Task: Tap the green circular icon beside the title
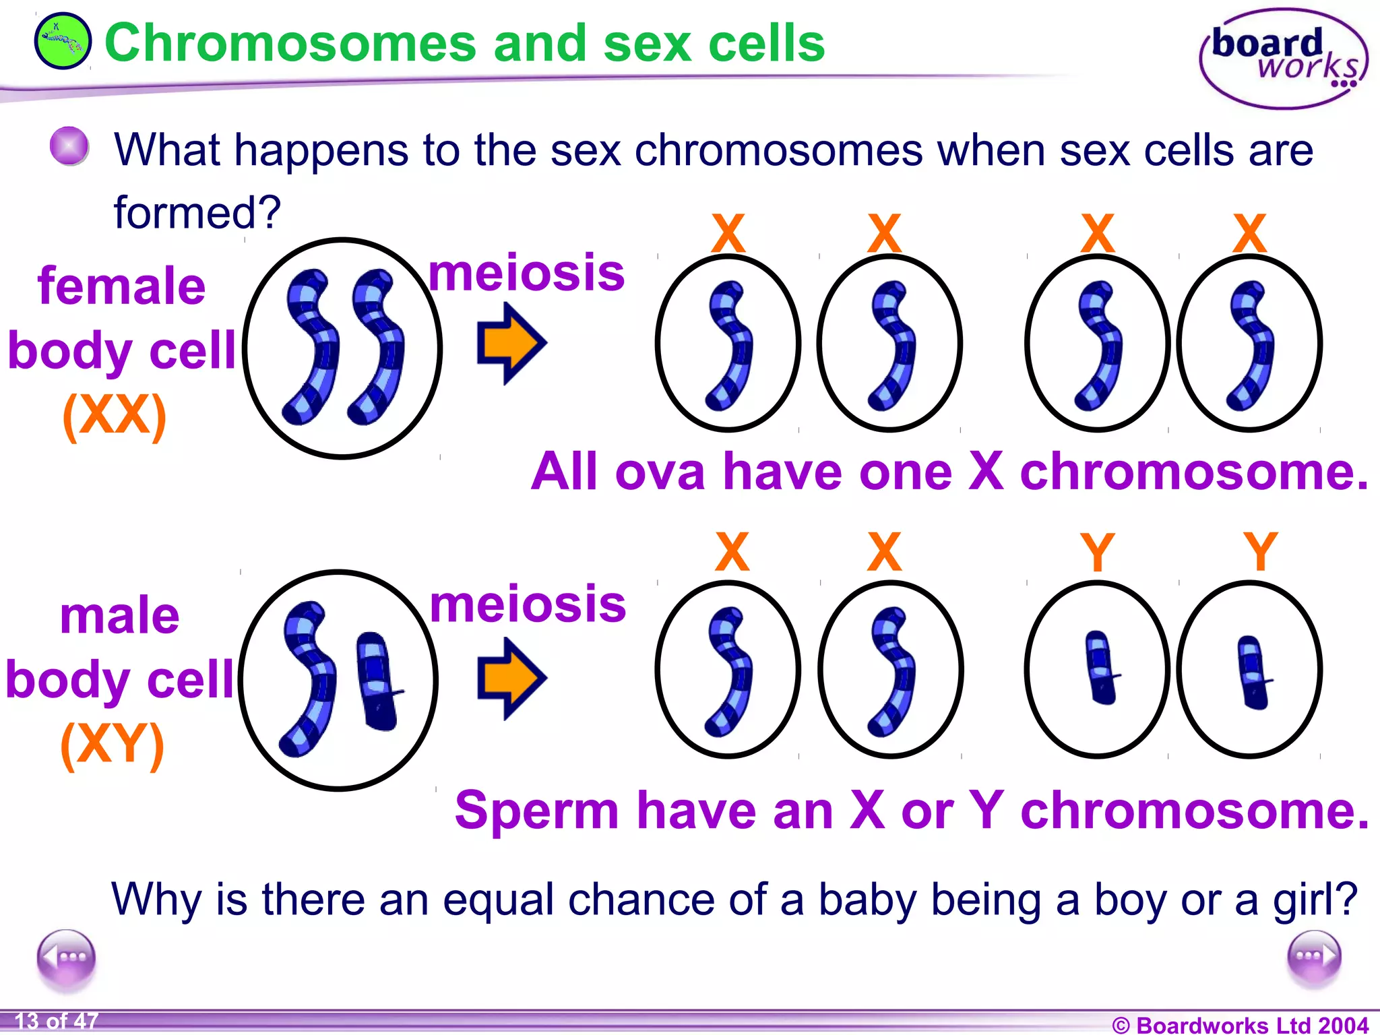[63, 41]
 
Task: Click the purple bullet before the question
[69, 146]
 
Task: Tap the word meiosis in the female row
[527, 273]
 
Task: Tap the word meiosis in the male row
[528, 604]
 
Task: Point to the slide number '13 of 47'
[57, 1022]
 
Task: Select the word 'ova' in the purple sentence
[660, 472]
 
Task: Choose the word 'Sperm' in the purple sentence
[536, 810]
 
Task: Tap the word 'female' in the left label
[121, 286]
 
